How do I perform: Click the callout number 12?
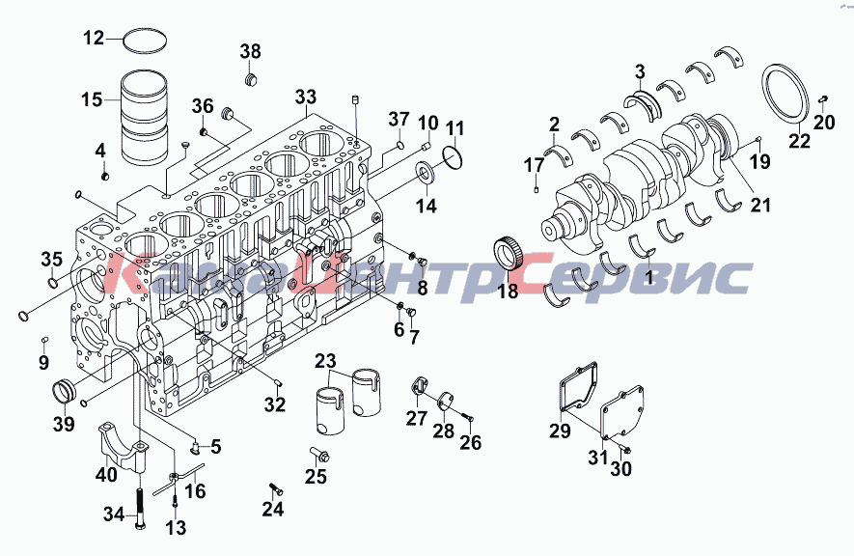pyautogui.click(x=94, y=38)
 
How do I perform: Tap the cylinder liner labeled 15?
pyautogui.click(x=144, y=116)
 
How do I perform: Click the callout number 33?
pyautogui.click(x=306, y=97)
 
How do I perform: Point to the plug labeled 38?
pyautogui.click(x=250, y=79)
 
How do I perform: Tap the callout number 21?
pyautogui.click(x=760, y=205)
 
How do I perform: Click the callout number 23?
pyautogui.click(x=326, y=360)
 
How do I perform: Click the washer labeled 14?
pyautogui.click(x=426, y=173)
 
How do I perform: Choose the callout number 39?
pyautogui.click(x=64, y=423)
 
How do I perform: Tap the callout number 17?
pyautogui.click(x=535, y=164)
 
